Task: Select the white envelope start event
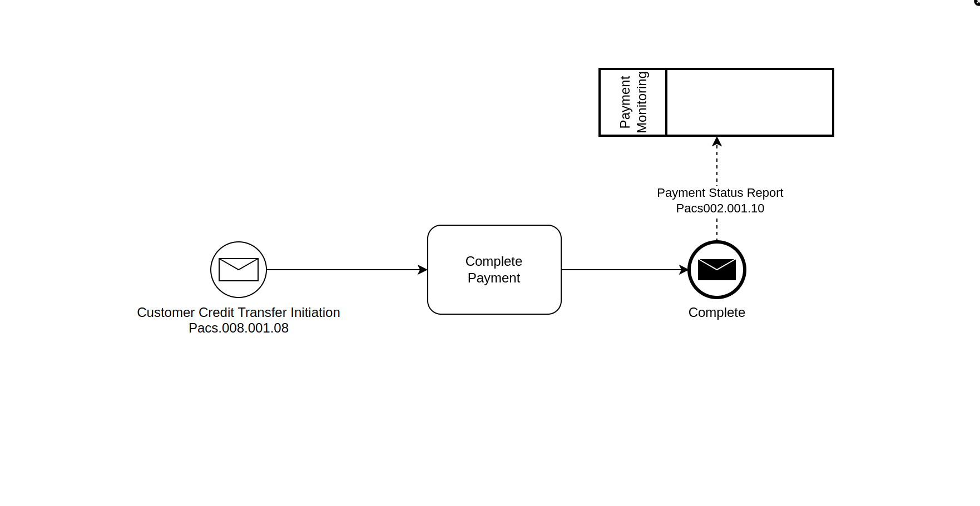pos(239,270)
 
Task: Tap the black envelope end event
pos(717,270)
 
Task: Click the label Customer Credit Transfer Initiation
pos(239,312)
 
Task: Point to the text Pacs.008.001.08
pos(239,328)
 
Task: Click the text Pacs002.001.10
pos(720,209)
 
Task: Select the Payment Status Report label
pos(720,193)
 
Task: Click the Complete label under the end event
pos(716,312)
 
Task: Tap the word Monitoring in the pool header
pos(642,102)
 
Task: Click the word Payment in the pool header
pos(625,102)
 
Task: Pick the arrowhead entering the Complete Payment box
pos(423,270)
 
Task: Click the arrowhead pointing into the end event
pos(684,270)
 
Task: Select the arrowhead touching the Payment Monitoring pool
pos(717,142)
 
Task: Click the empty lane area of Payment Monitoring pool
pos(750,102)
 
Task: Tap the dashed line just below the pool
pos(717,164)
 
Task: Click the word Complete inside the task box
pos(494,261)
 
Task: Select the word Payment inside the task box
pos(494,278)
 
